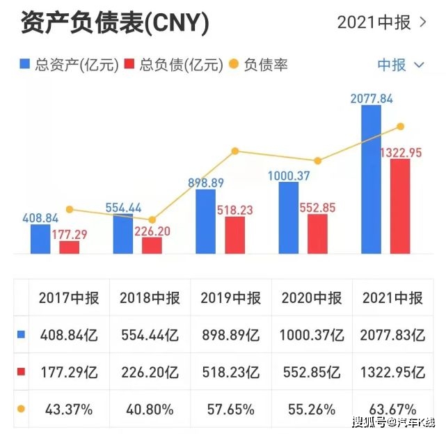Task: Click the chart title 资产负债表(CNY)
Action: [x=115, y=22]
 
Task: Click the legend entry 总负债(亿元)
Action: [x=173, y=65]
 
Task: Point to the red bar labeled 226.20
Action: [x=152, y=246]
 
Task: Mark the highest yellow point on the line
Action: [x=400, y=126]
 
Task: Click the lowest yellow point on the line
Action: [x=152, y=219]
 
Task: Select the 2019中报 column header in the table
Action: [x=231, y=298]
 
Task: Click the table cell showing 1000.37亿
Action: [x=312, y=334]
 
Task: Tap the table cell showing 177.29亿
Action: [x=70, y=371]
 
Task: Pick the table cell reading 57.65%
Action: [x=231, y=408]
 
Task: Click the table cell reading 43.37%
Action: [x=70, y=408]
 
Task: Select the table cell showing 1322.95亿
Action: [x=393, y=371]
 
